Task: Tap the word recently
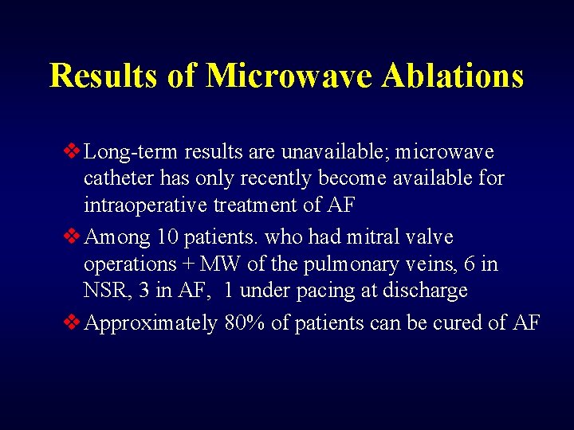pos(296,178)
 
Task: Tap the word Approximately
pos(151,323)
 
